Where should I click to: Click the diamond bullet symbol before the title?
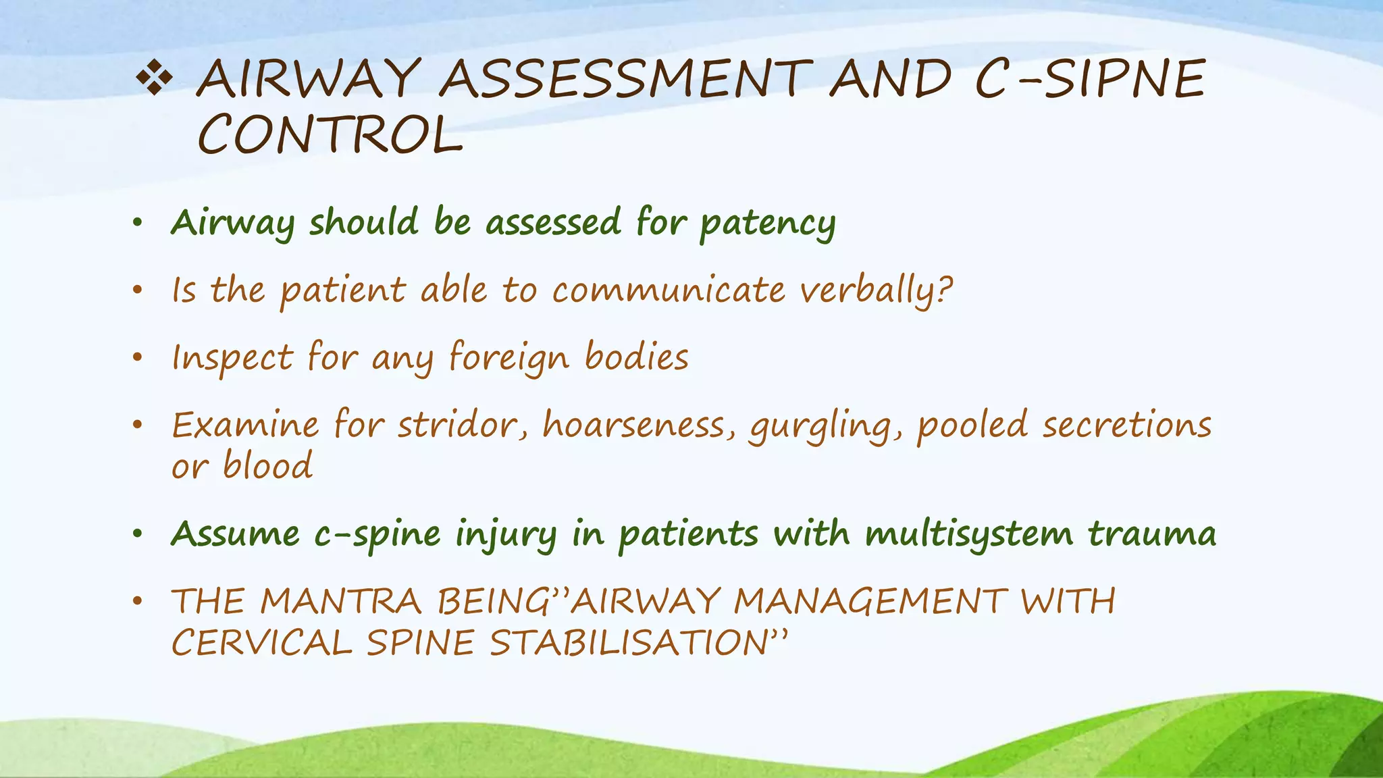coord(155,80)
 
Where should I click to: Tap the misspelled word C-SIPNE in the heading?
coord(1089,80)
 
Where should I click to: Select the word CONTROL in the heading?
coord(330,134)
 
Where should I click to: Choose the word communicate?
coord(669,291)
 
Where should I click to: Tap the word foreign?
coord(508,358)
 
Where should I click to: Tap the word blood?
coord(268,466)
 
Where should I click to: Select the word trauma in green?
coord(1151,534)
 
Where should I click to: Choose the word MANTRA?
coord(341,601)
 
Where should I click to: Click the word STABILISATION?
coord(638,642)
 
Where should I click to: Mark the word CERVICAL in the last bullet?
coord(262,642)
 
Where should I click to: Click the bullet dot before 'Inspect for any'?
coord(138,357)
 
